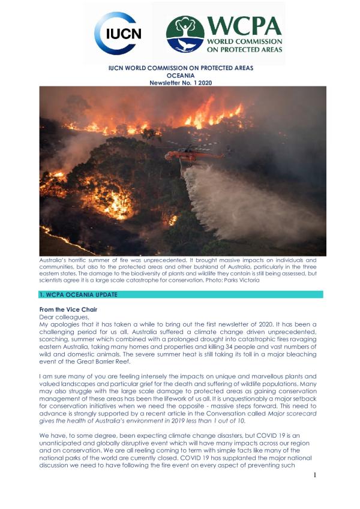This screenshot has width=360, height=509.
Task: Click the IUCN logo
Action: pyautogui.click(x=118, y=34)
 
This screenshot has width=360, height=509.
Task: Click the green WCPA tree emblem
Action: pyautogui.click(x=185, y=34)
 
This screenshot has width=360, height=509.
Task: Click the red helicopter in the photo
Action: pyautogui.click(x=191, y=155)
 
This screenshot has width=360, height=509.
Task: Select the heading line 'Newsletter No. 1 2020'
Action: pyautogui.click(x=180, y=82)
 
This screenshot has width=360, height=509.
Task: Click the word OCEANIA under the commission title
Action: pyautogui.click(x=180, y=75)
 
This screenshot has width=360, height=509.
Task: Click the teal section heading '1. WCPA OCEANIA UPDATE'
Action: pyautogui.click(x=78, y=295)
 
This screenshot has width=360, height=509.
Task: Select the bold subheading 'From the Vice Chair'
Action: pyautogui.click(x=67, y=309)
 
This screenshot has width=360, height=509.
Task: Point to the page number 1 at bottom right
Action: pyautogui.click(x=314, y=492)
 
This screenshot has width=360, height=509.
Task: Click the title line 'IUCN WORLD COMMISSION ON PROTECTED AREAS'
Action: pyautogui.click(x=180, y=68)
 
